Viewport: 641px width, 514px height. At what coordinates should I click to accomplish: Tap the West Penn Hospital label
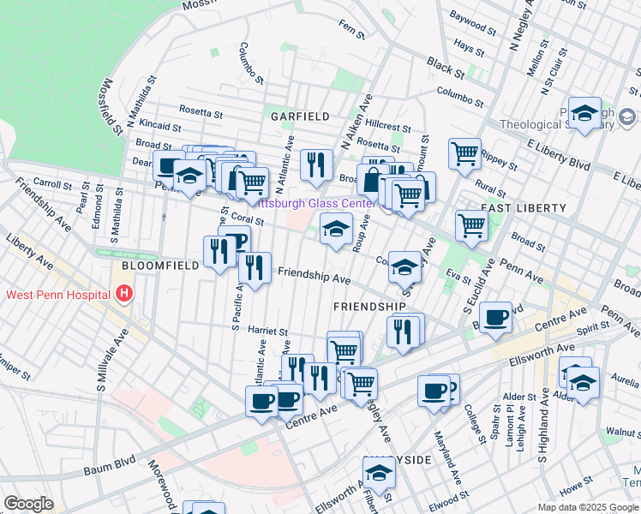pos(57,296)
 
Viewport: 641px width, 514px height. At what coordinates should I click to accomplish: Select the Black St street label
pos(446,66)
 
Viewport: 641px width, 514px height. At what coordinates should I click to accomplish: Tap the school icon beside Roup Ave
pos(336,228)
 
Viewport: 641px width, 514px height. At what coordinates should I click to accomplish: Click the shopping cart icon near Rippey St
pos(464,154)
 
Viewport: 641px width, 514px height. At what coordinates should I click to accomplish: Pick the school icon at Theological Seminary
pos(584,113)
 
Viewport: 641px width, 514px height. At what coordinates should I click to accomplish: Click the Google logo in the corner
pos(28,504)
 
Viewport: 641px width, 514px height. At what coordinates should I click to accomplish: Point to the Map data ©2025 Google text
pos(587,507)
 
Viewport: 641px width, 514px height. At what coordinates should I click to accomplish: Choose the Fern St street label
pos(352,36)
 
